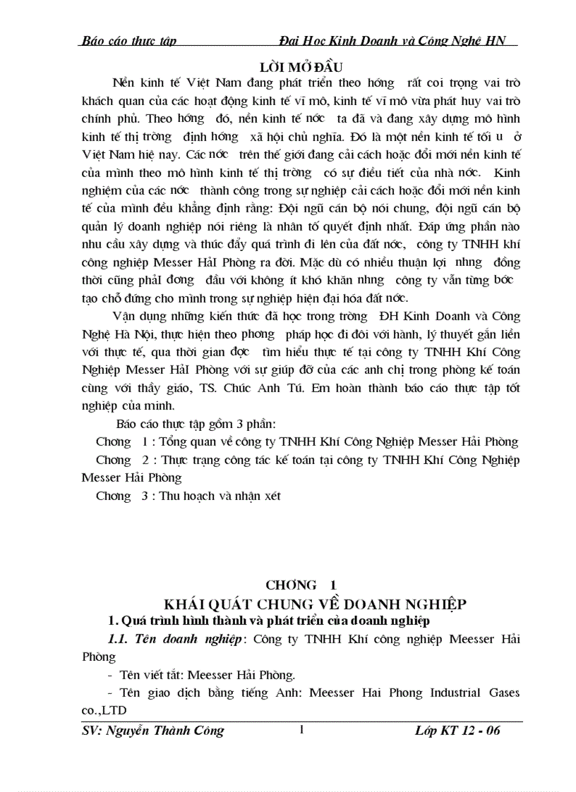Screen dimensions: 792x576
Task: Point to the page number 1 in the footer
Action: (x=302, y=730)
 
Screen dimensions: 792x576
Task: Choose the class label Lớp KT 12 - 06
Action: (x=457, y=731)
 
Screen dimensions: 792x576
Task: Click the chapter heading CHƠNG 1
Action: (x=301, y=585)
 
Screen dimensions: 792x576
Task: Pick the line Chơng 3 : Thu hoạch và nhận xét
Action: (x=188, y=496)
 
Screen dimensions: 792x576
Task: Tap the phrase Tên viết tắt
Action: (x=150, y=674)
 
